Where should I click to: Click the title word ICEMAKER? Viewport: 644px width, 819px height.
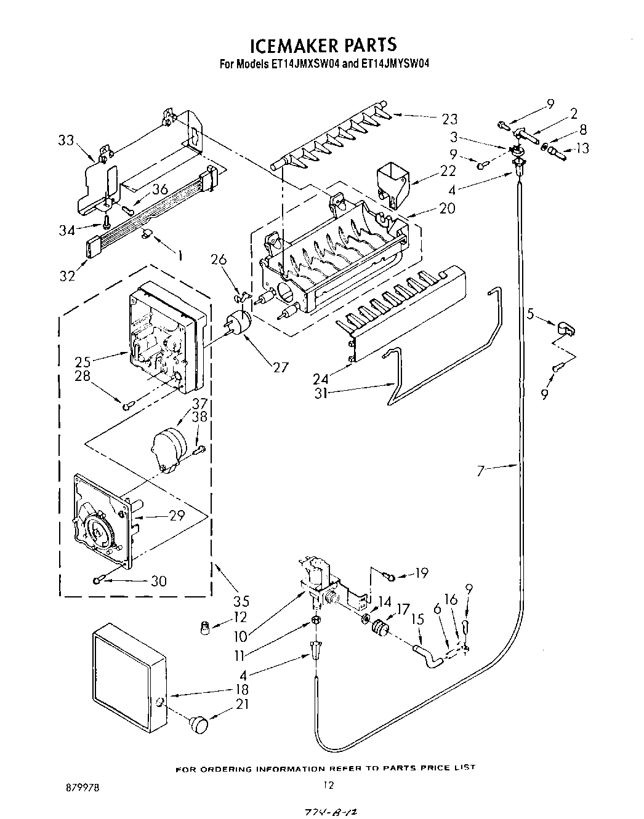click(x=289, y=45)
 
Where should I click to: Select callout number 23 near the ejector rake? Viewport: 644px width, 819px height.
click(x=450, y=119)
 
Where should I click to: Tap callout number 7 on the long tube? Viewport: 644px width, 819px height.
click(x=482, y=471)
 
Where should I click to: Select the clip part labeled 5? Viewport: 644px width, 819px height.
click(x=566, y=329)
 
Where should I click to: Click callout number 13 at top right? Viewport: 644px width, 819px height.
click(x=582, y=148)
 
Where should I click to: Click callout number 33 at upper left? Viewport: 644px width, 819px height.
click(x=66, y=141)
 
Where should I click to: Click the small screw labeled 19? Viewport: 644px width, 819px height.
click(x=389, y=575)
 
